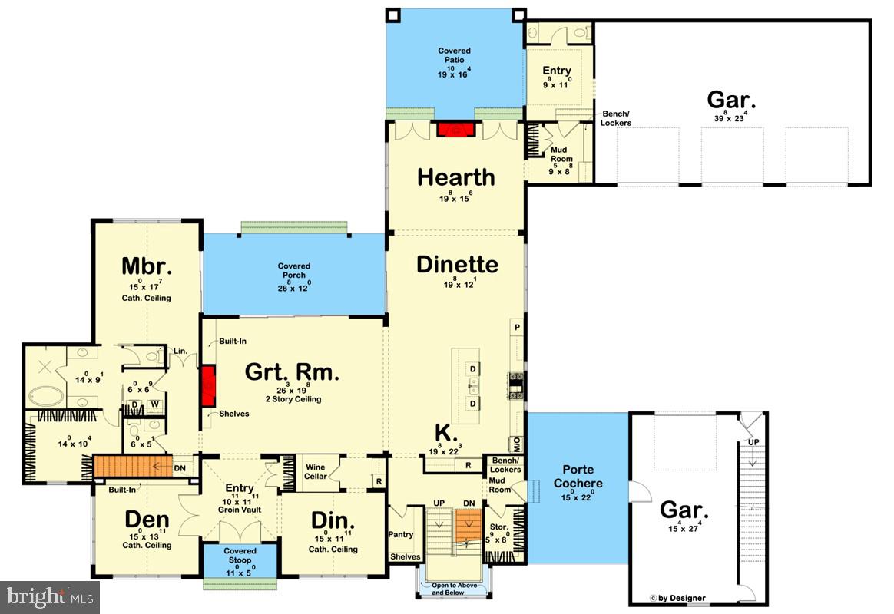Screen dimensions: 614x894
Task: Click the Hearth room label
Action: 455,177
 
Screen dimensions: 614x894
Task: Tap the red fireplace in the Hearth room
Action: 454,129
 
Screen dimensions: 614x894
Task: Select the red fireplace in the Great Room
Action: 207,386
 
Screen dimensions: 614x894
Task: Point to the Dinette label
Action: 457,265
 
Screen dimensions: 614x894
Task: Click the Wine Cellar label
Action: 316,471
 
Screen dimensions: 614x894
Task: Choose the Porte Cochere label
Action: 581,477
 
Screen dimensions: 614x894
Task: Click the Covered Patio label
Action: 455,56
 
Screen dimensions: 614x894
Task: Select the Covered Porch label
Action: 293,271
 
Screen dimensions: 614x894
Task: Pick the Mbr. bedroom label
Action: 146,266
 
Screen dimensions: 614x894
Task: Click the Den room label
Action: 147,520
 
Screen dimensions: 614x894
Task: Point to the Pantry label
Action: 400,535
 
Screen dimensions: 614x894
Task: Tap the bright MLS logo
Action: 50,596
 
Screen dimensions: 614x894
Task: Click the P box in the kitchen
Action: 517,328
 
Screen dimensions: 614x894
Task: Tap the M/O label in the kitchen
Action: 517,443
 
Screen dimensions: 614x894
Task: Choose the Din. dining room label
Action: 332,520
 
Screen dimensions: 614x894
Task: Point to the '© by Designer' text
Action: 677,598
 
